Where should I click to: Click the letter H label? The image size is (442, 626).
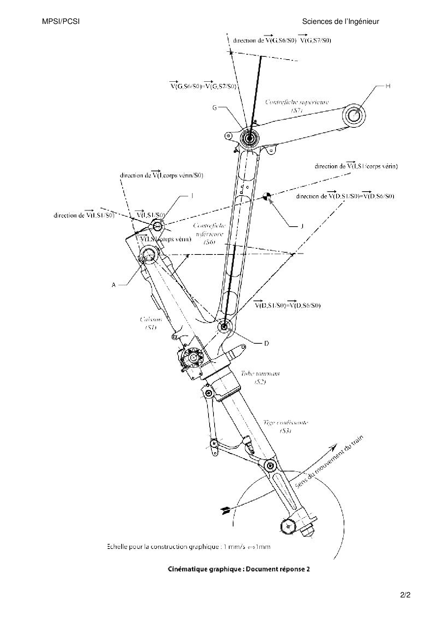(388, 86)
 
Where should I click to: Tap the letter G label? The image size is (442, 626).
(215, 108)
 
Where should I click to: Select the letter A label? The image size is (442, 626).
(114, 285)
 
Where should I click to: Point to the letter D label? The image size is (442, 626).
(266, 343)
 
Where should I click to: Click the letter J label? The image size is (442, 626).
(302, 226)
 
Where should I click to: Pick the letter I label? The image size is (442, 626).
(192, 196)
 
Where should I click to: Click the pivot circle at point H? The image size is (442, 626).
(354, 116)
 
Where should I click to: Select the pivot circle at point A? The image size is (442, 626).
(148, 255)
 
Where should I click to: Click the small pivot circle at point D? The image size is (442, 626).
(224, 326)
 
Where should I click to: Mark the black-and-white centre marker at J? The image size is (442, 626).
(267, 196)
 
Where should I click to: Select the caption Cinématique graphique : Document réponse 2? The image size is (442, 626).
(238, 569)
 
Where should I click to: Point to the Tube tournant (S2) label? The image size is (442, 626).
(260, 378)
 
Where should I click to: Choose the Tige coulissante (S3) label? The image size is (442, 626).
(285, 426)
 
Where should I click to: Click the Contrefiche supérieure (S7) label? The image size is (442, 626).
(297, 106)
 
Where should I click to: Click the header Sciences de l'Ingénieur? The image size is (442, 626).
(340, 22)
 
